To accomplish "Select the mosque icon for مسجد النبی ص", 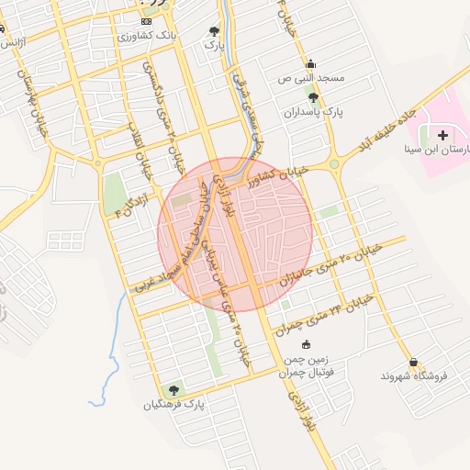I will [x=310, y=64].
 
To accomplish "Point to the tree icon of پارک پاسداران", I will [x=314, y=97].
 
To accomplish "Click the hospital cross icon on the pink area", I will [x=455, y=136].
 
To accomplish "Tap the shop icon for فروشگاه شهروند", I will [x=414, y=363].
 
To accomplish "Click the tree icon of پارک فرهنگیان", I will [x=174, y=390].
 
